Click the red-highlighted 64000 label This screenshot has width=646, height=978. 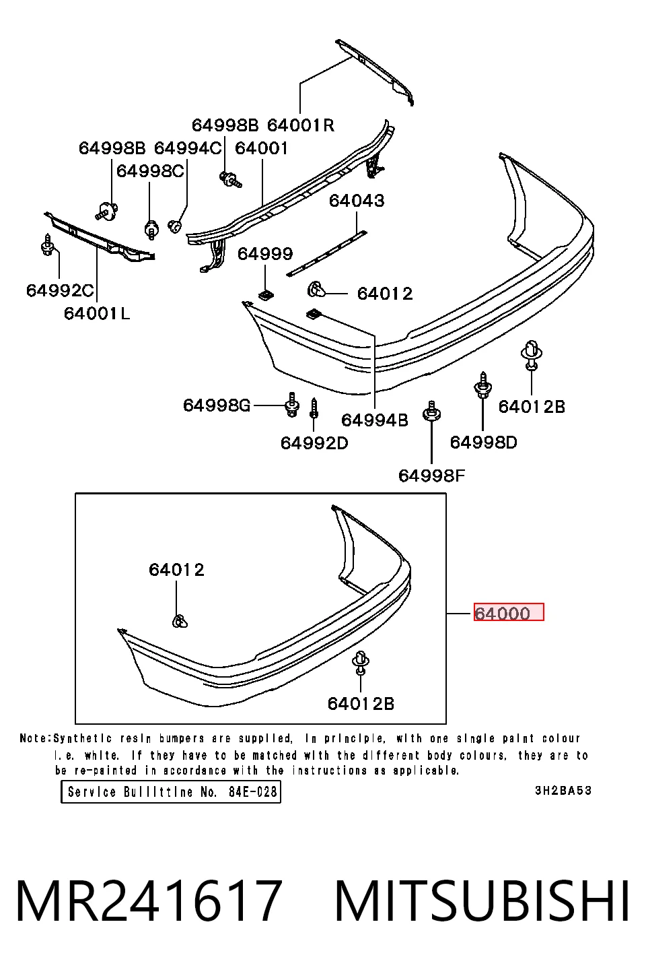click(x=509, y=612)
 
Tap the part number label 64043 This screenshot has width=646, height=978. click(x=357, y=201)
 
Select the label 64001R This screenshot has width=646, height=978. click(x=301, y=125)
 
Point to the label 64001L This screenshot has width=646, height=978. click(x=97, y=313)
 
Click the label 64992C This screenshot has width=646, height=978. click(x=60, y=290)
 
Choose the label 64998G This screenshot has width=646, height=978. click(x=217, y=405)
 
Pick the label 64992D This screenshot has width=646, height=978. click(x=314, y=443)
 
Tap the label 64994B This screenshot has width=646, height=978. click(x=375, y=420)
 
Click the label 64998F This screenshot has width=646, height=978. click(x=432, y=476)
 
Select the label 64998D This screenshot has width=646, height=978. click(x=484, y=443)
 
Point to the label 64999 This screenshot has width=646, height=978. click(x=265, y=254)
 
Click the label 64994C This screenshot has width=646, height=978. click(x=188, y=148)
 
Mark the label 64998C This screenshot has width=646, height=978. click(x=150, y=171)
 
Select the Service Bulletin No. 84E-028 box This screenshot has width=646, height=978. click(x=171, y=791)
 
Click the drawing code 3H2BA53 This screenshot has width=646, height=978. click(x=563, y=790)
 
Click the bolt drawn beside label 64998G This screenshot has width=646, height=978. click(x=292, y=405)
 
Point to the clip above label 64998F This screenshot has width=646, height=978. click(x=431, y=412)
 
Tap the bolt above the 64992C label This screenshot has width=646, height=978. click(x=47, y=245)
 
